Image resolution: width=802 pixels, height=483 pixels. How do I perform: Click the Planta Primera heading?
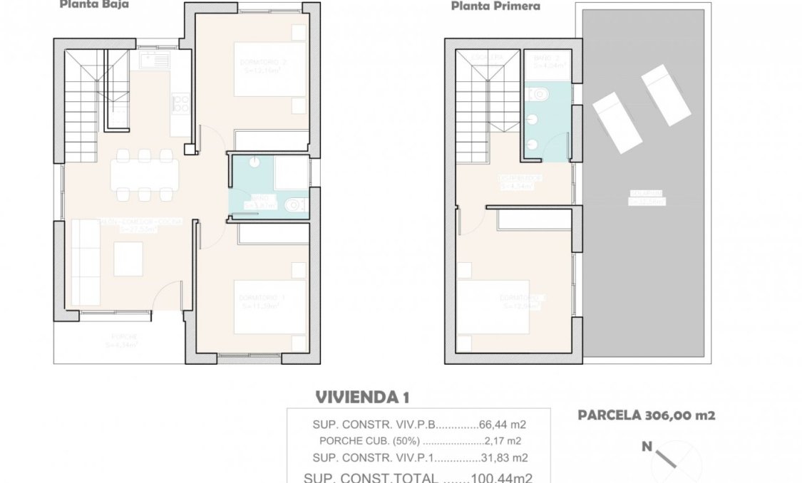(494, 6)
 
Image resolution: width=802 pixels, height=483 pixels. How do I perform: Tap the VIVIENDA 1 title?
(361, 397)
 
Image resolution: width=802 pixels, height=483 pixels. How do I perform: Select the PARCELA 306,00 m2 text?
(646, 415)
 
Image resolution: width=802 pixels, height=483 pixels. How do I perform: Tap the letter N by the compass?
(647, 447)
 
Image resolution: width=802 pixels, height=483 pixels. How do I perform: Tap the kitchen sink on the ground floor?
(152, 61)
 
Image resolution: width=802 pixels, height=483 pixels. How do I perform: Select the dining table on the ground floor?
(145, 173)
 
